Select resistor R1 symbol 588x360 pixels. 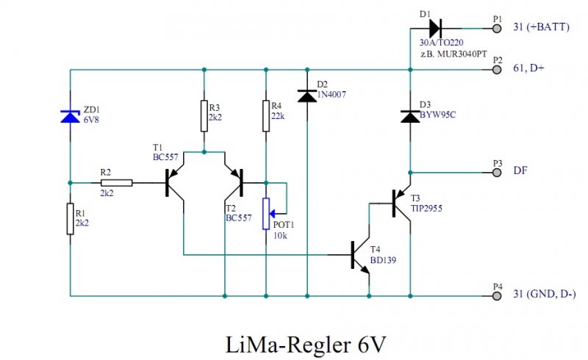pyautogui.click(x=70, y=219)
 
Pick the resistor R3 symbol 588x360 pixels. pyautogui.click(x=204, y=116)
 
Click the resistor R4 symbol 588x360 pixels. pyautogui.click(x=266, y=116)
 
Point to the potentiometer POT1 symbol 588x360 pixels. pyautogui.click(x=267, y=212)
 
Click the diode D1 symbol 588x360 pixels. pyautogui.click(x=434, y=29)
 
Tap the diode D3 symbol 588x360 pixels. pyautogui.click(x=409, y=115)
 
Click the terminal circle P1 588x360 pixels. pyautogui.click(x=498, y=29)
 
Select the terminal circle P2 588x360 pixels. pyautogui.click(x=498, y=70)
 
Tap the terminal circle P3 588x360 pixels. pyautogui.click(x=498, y=171)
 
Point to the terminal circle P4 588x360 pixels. pyautogui.click(x=498, y=296)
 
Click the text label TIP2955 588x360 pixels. pyautogui.click(x=428, y=208)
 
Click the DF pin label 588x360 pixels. pyautogui.click(x=520, y=170)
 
